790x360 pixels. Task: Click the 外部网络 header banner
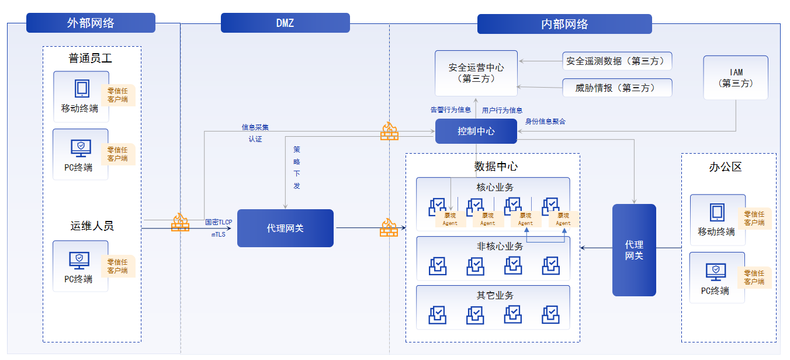click(91, 23)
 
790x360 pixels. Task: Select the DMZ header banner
click(285, 23)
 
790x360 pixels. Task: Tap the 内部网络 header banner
click(564, 24)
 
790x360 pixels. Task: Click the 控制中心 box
click(476, 131)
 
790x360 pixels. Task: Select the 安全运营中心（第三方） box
click(476, 73)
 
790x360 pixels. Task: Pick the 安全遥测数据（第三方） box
click(617, 61)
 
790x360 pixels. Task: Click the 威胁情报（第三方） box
click(617, 88)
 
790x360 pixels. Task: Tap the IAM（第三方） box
click(735, 78)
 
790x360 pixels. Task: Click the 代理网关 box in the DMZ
click(285, 228)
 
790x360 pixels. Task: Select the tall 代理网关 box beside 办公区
click(634, 250)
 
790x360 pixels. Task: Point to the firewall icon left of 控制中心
click(389, 131)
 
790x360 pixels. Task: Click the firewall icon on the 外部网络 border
click(180, 221)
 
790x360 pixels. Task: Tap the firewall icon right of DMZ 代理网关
click(389, 227)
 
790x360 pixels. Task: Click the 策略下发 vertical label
click(297, 167)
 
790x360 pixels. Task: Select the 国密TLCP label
click(219, 222)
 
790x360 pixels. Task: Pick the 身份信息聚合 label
click(545, 122)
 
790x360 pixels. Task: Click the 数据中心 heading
click(496, 166)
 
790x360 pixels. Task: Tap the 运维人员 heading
click(92, 226)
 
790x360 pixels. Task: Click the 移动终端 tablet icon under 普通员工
click(82, 88)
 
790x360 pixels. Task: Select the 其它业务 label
click(495, 295)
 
